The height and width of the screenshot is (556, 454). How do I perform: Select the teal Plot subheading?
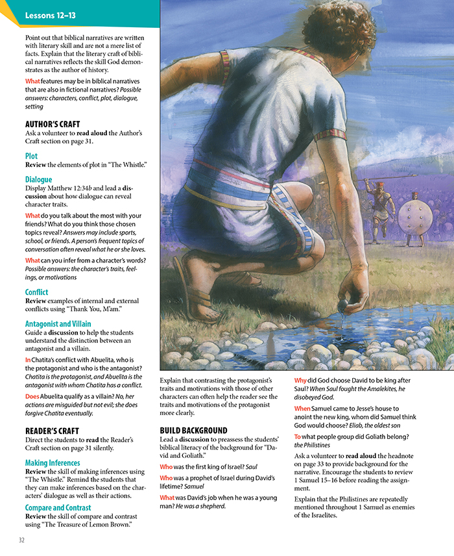[31, 156]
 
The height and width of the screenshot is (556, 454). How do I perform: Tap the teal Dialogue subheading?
[38, 179]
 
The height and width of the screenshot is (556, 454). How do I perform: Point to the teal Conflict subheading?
[37, 292]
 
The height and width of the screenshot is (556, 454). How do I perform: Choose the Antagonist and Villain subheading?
[58, 323]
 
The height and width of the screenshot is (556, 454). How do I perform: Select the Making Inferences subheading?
[53, 463]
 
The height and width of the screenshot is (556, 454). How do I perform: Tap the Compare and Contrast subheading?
[58, 507]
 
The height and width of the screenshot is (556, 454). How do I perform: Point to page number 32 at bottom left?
[21, 540]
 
